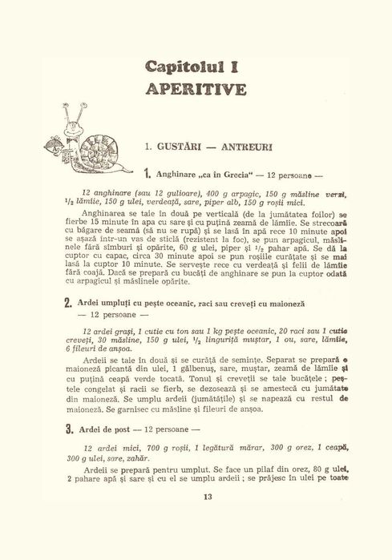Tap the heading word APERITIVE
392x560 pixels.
(196, 88)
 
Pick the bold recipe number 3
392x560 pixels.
(70, 429)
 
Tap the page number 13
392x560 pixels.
(208, 497)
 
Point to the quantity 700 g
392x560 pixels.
(149, 448)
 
